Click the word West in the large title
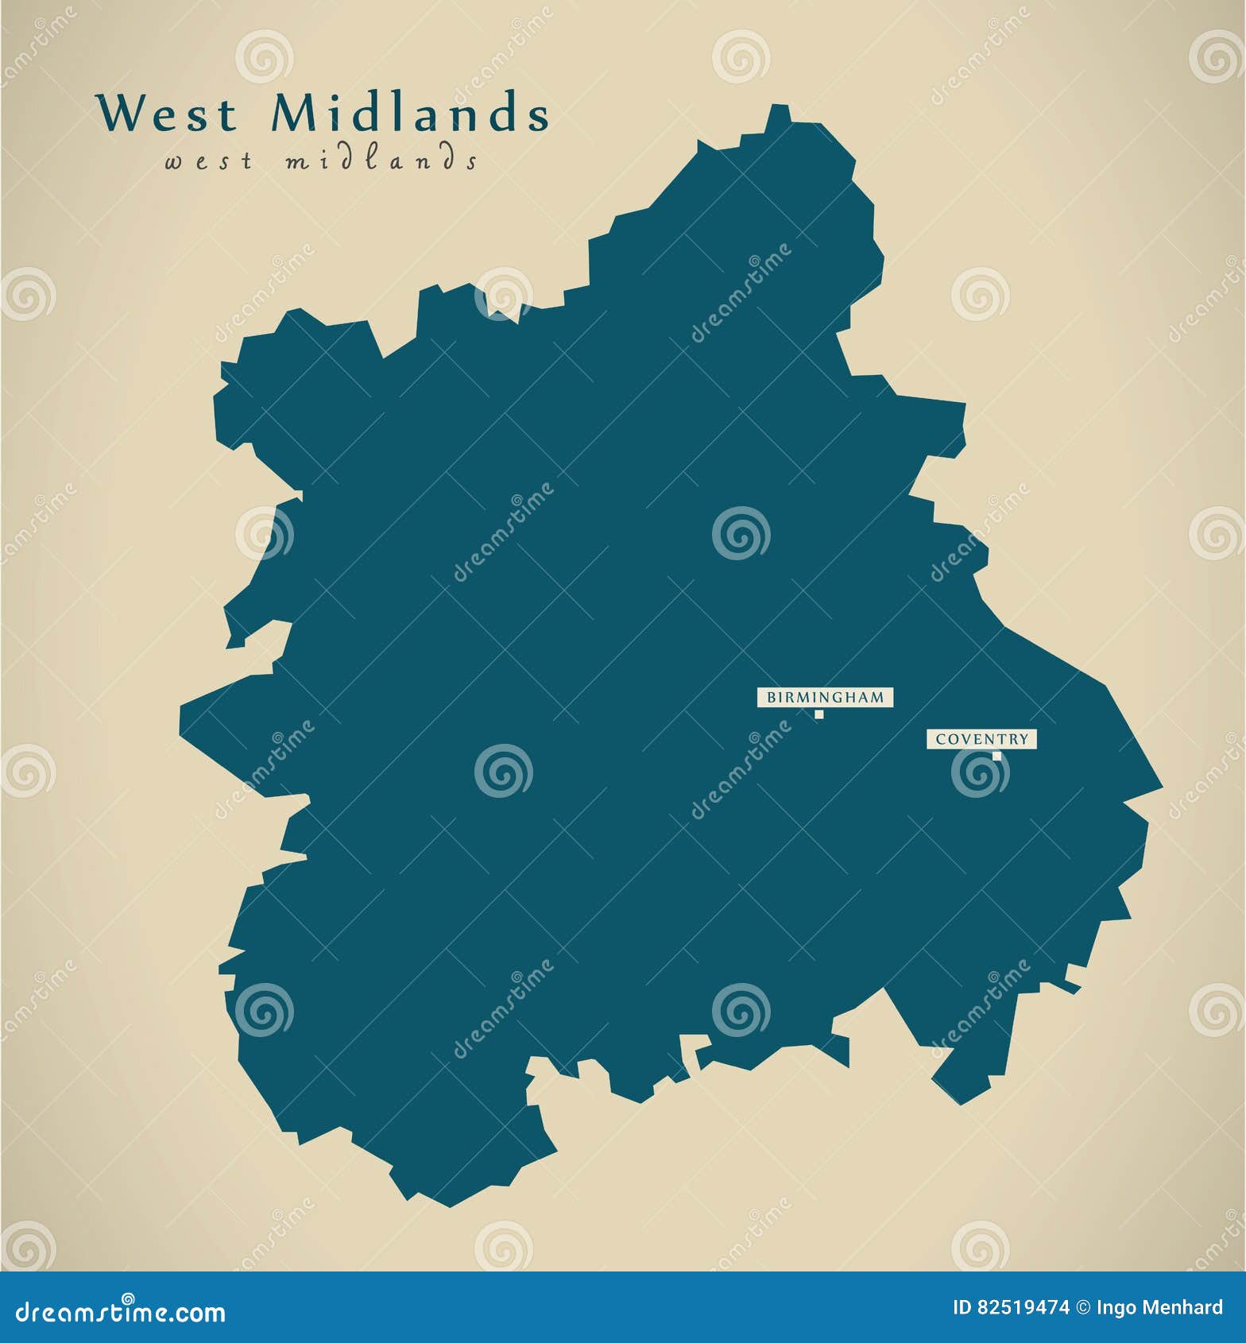(x=168, y=114)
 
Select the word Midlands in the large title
(x=410, y=114)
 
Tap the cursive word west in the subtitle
(x=209, y=161)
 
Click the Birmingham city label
(x=825, y=698)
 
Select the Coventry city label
(x=981, y=739)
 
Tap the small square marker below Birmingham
(x=818, y=714)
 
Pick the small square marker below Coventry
(x=996, y=756)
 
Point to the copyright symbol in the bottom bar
(x=1083, y=1308)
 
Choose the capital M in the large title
(x=293, y=114)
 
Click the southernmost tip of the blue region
(x=450, y=1206)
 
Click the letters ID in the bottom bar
(x=962, y=1308)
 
